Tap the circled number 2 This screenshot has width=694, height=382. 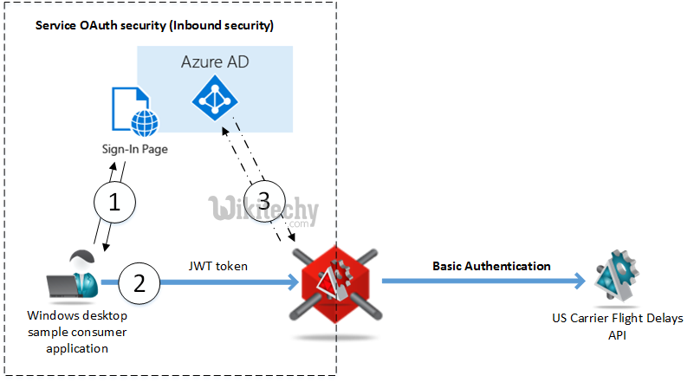pos(140,282)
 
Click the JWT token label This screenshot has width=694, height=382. pos(220,266)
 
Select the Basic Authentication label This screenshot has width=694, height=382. pos(491,266)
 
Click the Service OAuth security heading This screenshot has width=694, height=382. pos(154,25)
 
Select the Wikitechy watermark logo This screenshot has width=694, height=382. pos(263,210)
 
